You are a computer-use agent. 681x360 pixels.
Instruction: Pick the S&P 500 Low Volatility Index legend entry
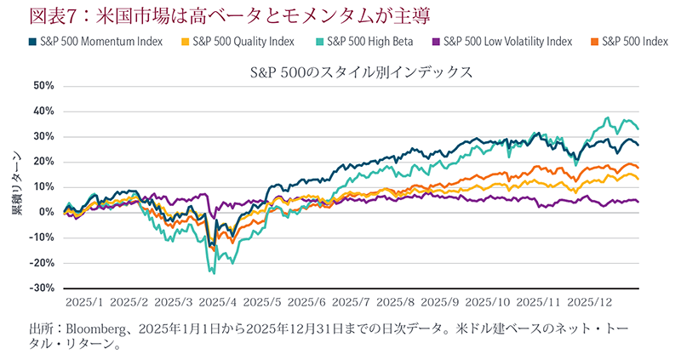pos(501,41)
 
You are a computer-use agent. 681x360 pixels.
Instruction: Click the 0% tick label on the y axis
pos(46,212)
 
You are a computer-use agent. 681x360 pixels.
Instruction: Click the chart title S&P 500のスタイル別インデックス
pos(361,72)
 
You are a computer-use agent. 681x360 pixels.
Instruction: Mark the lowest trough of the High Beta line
pos(214,273)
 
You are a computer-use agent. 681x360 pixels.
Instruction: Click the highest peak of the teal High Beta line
pos(608,117)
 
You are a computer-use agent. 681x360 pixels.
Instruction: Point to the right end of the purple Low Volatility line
pos(638,202)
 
